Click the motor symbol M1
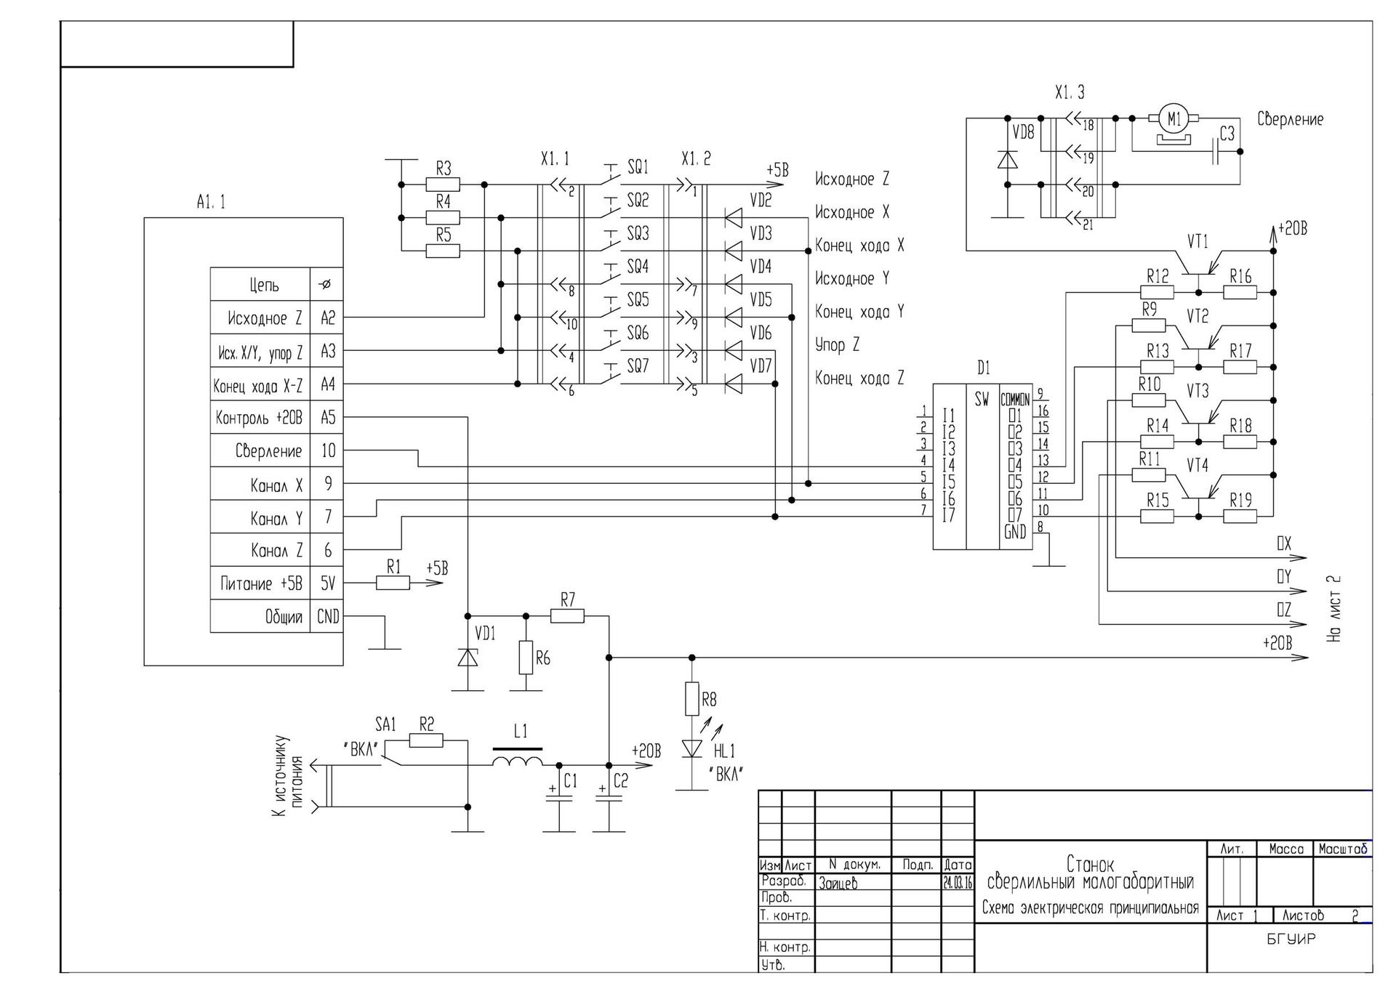(1173, 118)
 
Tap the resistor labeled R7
(567, 616)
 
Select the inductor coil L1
(517, 761)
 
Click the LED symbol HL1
(691, 748)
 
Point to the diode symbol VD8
(1008, 159)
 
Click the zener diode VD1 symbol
(467, 658)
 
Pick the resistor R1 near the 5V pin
(393, 583)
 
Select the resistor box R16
(1240, 292)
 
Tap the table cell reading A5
(328, 418)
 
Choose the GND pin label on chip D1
(1014, 532)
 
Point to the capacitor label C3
(1227, 134)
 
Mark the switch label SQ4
(638, 267)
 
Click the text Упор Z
(837, 344)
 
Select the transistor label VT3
(1198, 391)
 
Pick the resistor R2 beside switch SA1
(426, 740)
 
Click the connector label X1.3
(1070, 93)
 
